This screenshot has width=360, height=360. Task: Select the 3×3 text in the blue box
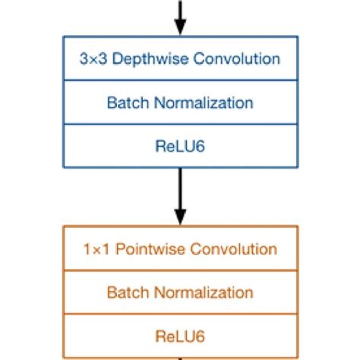pyautogui.click(x=90, y=58)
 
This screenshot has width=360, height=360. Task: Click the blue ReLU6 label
pyautogui.click(x=180, y=145)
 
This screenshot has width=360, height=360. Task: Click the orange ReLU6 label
pyautogui.click(x=180, y=335)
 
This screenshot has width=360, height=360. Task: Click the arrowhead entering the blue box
pyautogui.click(x=180, y=29)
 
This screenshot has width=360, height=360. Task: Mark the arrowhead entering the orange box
pyautogui.click(x=180, y=219)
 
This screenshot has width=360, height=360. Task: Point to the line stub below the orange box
pyautogui.click(x=180, y=358)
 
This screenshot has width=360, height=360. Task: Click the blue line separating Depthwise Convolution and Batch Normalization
pyautogui.click(x=180, y=81)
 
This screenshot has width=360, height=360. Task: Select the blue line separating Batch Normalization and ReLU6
pyautogui.click(x=180, y=124)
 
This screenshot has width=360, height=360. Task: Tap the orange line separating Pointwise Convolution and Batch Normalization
pyautogui.click(x=180, y=271)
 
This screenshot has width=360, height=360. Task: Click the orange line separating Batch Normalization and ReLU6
pyautogui.click(x=180, y=314)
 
